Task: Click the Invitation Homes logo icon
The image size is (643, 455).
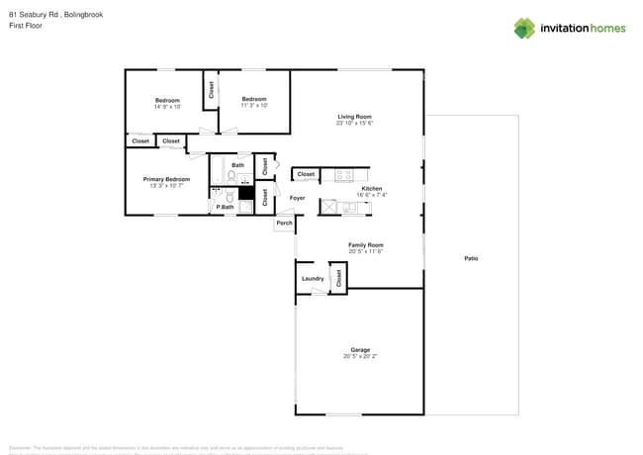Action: click(524, 28)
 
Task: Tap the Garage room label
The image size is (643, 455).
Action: click(360, 349)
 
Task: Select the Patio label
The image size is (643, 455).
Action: click(471, 259)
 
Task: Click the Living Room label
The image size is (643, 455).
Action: click(354, 117)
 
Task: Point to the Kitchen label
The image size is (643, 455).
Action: click(371, 189)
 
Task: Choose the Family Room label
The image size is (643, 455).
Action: click(365, 244)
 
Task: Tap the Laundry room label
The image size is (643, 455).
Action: click(313, 279)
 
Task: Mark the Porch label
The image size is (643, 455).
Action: click(284, 224)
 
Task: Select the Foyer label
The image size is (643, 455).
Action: click(297, 198)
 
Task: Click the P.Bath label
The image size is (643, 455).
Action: click(225, 207)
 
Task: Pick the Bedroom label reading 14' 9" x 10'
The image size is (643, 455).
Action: click(166, 100)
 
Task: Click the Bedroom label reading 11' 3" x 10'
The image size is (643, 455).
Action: click(254, 99)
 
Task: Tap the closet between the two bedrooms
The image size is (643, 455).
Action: click(211, 89)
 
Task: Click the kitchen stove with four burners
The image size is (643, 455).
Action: click(344, 175)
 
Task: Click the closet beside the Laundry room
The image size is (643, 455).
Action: click(338, 277)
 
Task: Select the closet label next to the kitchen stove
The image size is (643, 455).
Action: click(306, 174)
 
